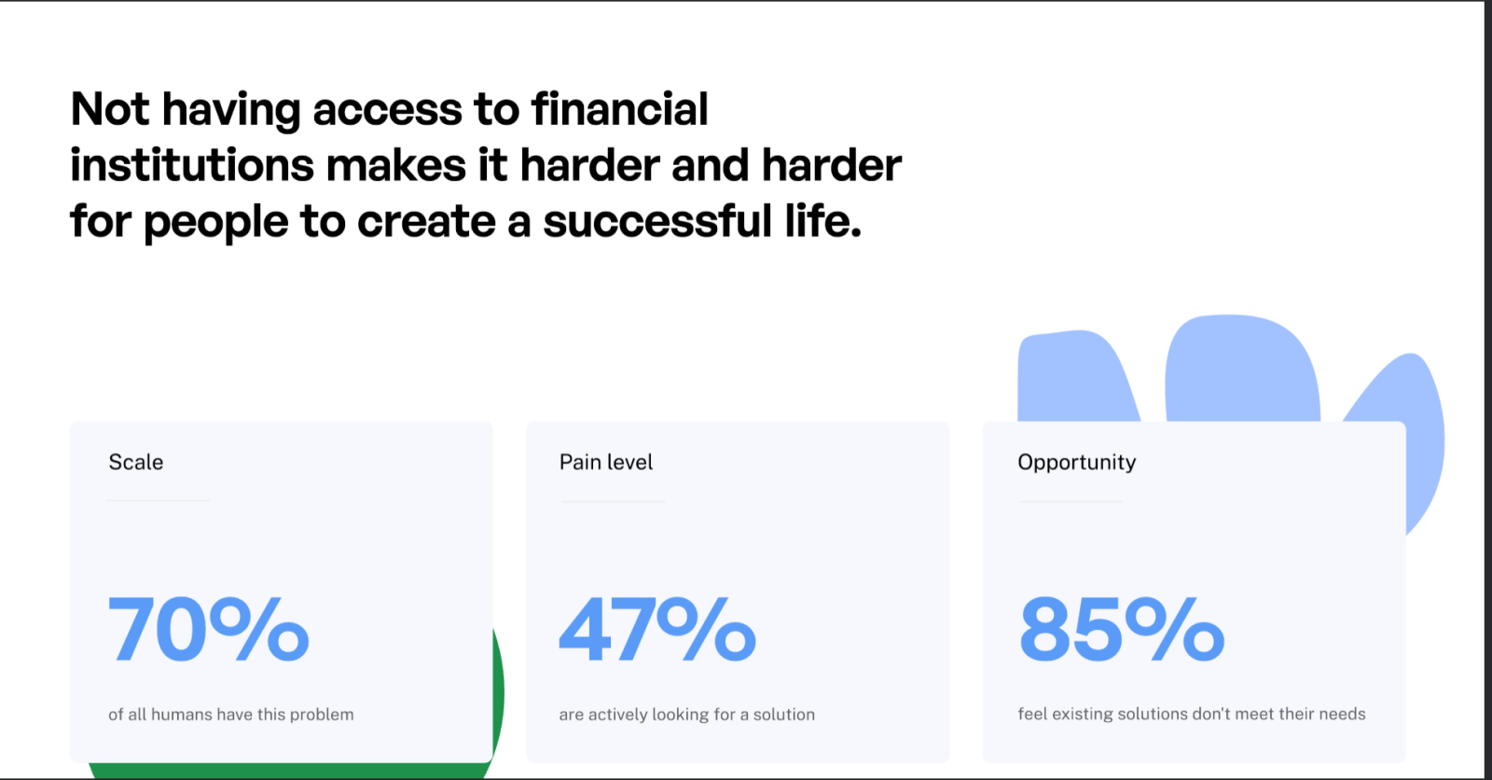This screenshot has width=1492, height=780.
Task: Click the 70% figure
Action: [209, 630]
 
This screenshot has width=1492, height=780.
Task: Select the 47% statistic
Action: [657, 630]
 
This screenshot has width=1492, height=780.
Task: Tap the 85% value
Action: [1122, 630]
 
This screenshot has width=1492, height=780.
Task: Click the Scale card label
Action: [136, 462]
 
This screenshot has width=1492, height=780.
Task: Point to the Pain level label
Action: [606, 462]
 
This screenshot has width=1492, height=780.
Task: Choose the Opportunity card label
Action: [1076, 463]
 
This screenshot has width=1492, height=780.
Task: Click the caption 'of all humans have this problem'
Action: [231, 714]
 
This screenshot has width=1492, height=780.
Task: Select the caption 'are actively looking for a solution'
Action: [686, 714]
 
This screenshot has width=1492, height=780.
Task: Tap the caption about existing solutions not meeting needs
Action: [1192, 714]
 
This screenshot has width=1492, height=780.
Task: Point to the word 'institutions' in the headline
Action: [192, 164]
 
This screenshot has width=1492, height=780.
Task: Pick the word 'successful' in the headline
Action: [657, 221]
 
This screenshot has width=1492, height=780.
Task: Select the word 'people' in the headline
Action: [215, 223]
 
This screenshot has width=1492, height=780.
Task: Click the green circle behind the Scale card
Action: [498, 693]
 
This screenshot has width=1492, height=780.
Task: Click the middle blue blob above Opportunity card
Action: [1242, 370]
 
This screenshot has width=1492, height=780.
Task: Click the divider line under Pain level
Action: [613, 501]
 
